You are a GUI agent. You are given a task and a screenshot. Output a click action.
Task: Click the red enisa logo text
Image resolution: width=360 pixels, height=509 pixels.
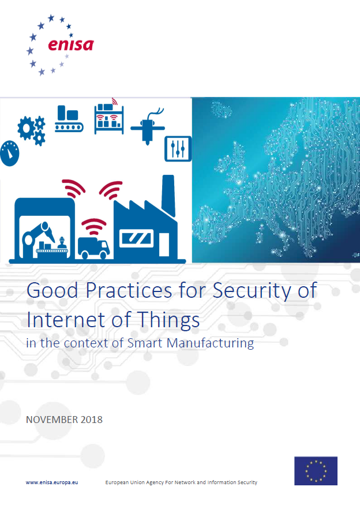pyautogui.click(x=71, y=44)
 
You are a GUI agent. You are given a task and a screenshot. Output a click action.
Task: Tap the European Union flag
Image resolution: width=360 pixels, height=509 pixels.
pyautogui.click(x=316, y=471)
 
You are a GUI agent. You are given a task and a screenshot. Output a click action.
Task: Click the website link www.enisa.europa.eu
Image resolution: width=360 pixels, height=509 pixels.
pyautogui.click(x=52, y=482)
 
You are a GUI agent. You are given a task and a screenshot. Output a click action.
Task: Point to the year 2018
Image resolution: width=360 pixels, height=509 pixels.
pyautogui.click(x=92, y=420)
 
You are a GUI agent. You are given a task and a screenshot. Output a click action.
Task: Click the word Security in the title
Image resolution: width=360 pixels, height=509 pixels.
pyautogui.click(x=252, y=290)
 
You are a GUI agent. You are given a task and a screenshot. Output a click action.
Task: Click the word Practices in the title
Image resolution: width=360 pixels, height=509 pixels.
pyautogui.click(x=129, y=290)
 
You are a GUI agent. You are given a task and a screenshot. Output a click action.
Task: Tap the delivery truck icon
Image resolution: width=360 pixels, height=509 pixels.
pyautogui.click(x=93, y=248)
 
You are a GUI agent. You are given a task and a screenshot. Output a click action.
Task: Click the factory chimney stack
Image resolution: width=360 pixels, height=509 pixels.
pyautogui.click(x=168, y=196)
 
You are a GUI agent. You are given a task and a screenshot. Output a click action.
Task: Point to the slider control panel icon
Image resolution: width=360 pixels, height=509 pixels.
pyautogui.click(x=178, y=149)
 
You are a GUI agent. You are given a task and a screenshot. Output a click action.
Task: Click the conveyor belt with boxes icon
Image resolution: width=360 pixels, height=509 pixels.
pyautogui.click(x=69, y=119)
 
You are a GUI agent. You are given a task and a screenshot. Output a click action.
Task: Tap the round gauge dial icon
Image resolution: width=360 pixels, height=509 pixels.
pyautogui.click(x=9, y=154)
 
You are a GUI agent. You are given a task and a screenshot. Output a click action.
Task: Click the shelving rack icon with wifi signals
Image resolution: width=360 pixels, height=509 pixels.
pyautogui.click(x=108, y=118)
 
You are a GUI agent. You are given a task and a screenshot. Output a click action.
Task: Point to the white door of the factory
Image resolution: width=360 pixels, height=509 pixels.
pyautogui.click(x=164, y=245)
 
